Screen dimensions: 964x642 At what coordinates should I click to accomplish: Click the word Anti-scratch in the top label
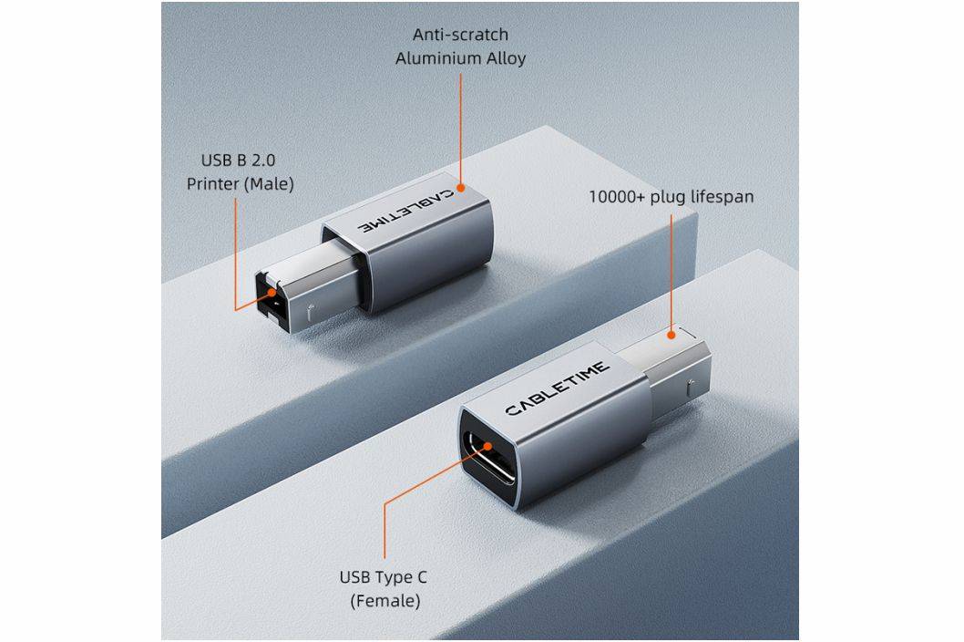(460, 35)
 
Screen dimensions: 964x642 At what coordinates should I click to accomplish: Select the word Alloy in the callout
(507, 59)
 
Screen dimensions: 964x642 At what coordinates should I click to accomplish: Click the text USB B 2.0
(238, 160)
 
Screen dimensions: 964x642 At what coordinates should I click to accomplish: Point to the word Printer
(212, 184)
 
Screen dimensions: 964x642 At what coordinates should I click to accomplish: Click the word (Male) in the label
(269, 184)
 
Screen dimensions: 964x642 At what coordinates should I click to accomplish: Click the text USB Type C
(383, 577)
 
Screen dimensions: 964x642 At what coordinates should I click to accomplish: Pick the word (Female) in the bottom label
(385, 601)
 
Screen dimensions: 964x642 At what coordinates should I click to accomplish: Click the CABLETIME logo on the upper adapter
(406, 211)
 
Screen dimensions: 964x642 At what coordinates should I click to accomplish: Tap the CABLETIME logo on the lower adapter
(557, 388)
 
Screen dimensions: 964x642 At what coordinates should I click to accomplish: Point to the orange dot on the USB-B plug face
(272, 293)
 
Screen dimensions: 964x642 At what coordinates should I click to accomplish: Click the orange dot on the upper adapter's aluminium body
(460, 187)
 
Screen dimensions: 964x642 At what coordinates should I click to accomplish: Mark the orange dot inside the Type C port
(487, 446)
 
